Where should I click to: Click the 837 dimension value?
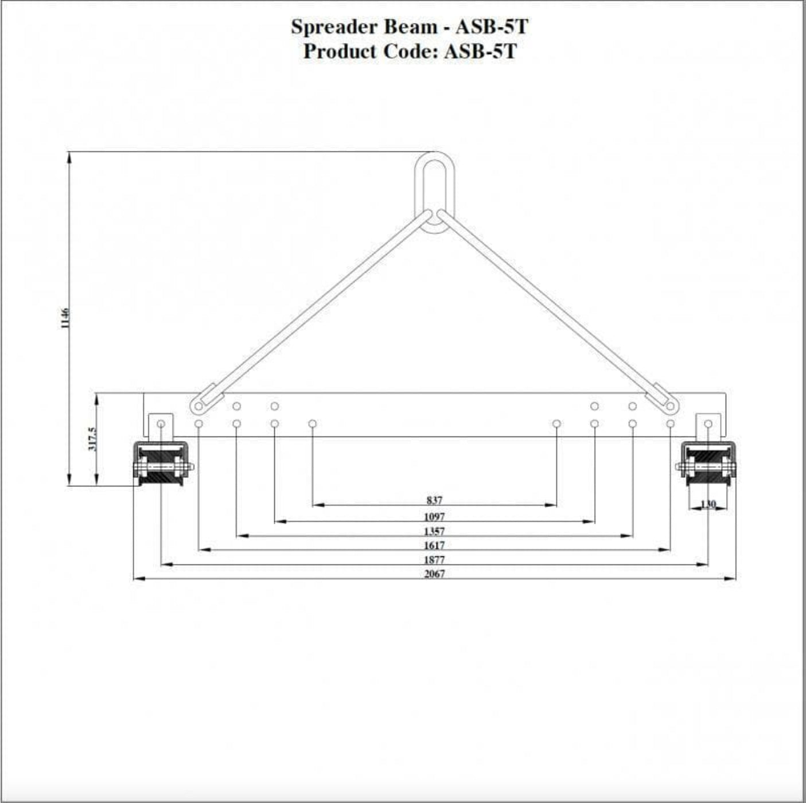pos(434,500)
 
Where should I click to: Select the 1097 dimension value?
pos(434,516)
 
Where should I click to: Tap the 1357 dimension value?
pos(434,531)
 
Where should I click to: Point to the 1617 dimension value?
pos(434,545)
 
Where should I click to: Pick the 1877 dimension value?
pos(434,560)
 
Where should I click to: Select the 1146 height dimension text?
pos(65,318)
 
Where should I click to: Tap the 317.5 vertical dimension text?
pos(92,439)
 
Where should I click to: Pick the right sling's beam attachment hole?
pos(670,406)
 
